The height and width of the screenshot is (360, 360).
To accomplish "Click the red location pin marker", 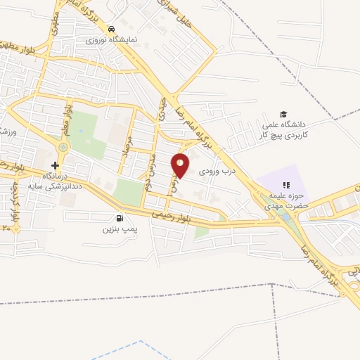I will click(181, 165).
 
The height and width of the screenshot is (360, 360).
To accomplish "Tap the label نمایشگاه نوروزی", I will click(110, 40).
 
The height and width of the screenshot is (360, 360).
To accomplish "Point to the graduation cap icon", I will click(283, 115).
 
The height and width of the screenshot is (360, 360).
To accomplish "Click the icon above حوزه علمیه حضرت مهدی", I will click(285, 184).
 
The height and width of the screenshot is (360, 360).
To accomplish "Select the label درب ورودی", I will click(215, 171).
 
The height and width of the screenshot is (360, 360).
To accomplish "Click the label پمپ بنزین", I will click(117, 229).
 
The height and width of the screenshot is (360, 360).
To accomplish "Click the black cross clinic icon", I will click(55, 165).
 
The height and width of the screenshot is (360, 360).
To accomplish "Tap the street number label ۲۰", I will click(8, 228).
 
